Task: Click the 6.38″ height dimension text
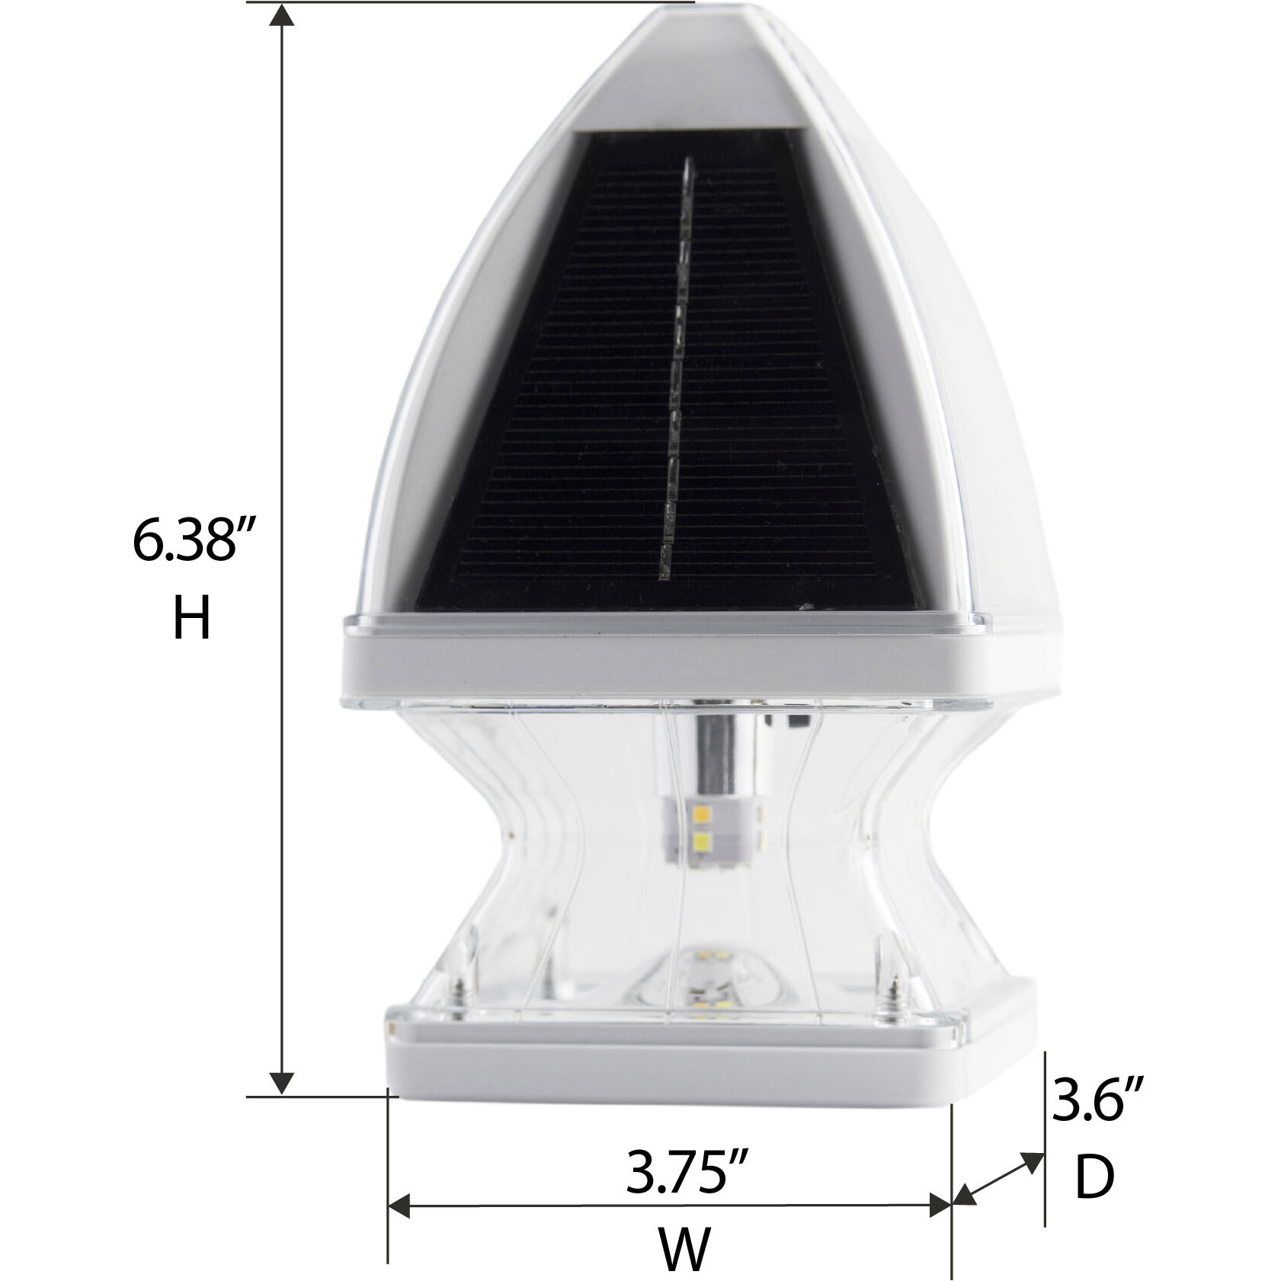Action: tap(191, 542)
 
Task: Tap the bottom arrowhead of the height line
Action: tap(283, 1083)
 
